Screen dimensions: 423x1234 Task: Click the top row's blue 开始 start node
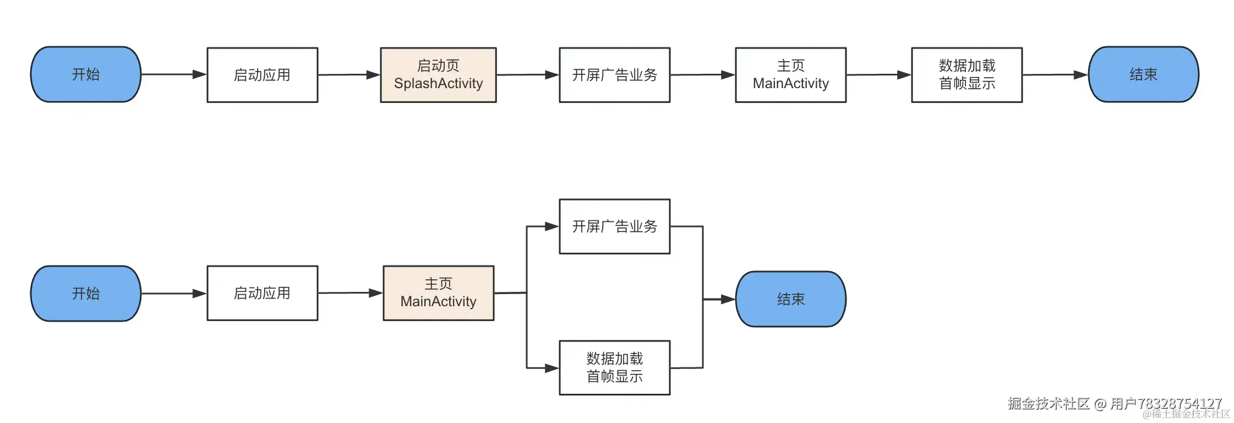86,74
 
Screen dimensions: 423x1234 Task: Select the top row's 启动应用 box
262,75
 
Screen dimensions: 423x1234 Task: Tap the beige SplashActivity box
438,75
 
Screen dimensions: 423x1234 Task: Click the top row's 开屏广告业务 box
614,75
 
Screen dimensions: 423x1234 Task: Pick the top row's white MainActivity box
790,75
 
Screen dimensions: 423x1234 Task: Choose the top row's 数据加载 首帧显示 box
967,75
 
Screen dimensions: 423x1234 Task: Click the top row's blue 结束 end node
1143,74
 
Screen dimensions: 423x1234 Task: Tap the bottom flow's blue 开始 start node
86,294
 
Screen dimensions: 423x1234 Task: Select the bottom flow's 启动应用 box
262,293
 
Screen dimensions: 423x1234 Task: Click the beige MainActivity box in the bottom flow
438,293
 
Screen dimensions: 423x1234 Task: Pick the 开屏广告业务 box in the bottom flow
614,226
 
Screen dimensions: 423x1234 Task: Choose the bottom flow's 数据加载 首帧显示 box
614,367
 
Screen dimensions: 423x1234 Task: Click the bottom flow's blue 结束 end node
790,299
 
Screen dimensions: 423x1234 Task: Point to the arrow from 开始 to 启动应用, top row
173,74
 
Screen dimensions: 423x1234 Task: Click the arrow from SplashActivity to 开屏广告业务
527,75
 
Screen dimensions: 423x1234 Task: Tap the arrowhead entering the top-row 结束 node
1080,75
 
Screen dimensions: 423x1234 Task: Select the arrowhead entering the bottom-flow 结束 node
728,299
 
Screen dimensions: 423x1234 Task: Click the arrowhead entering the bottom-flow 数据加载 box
552,368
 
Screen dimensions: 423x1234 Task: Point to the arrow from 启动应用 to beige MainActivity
350,293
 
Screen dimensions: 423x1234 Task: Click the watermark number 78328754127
1179,403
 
